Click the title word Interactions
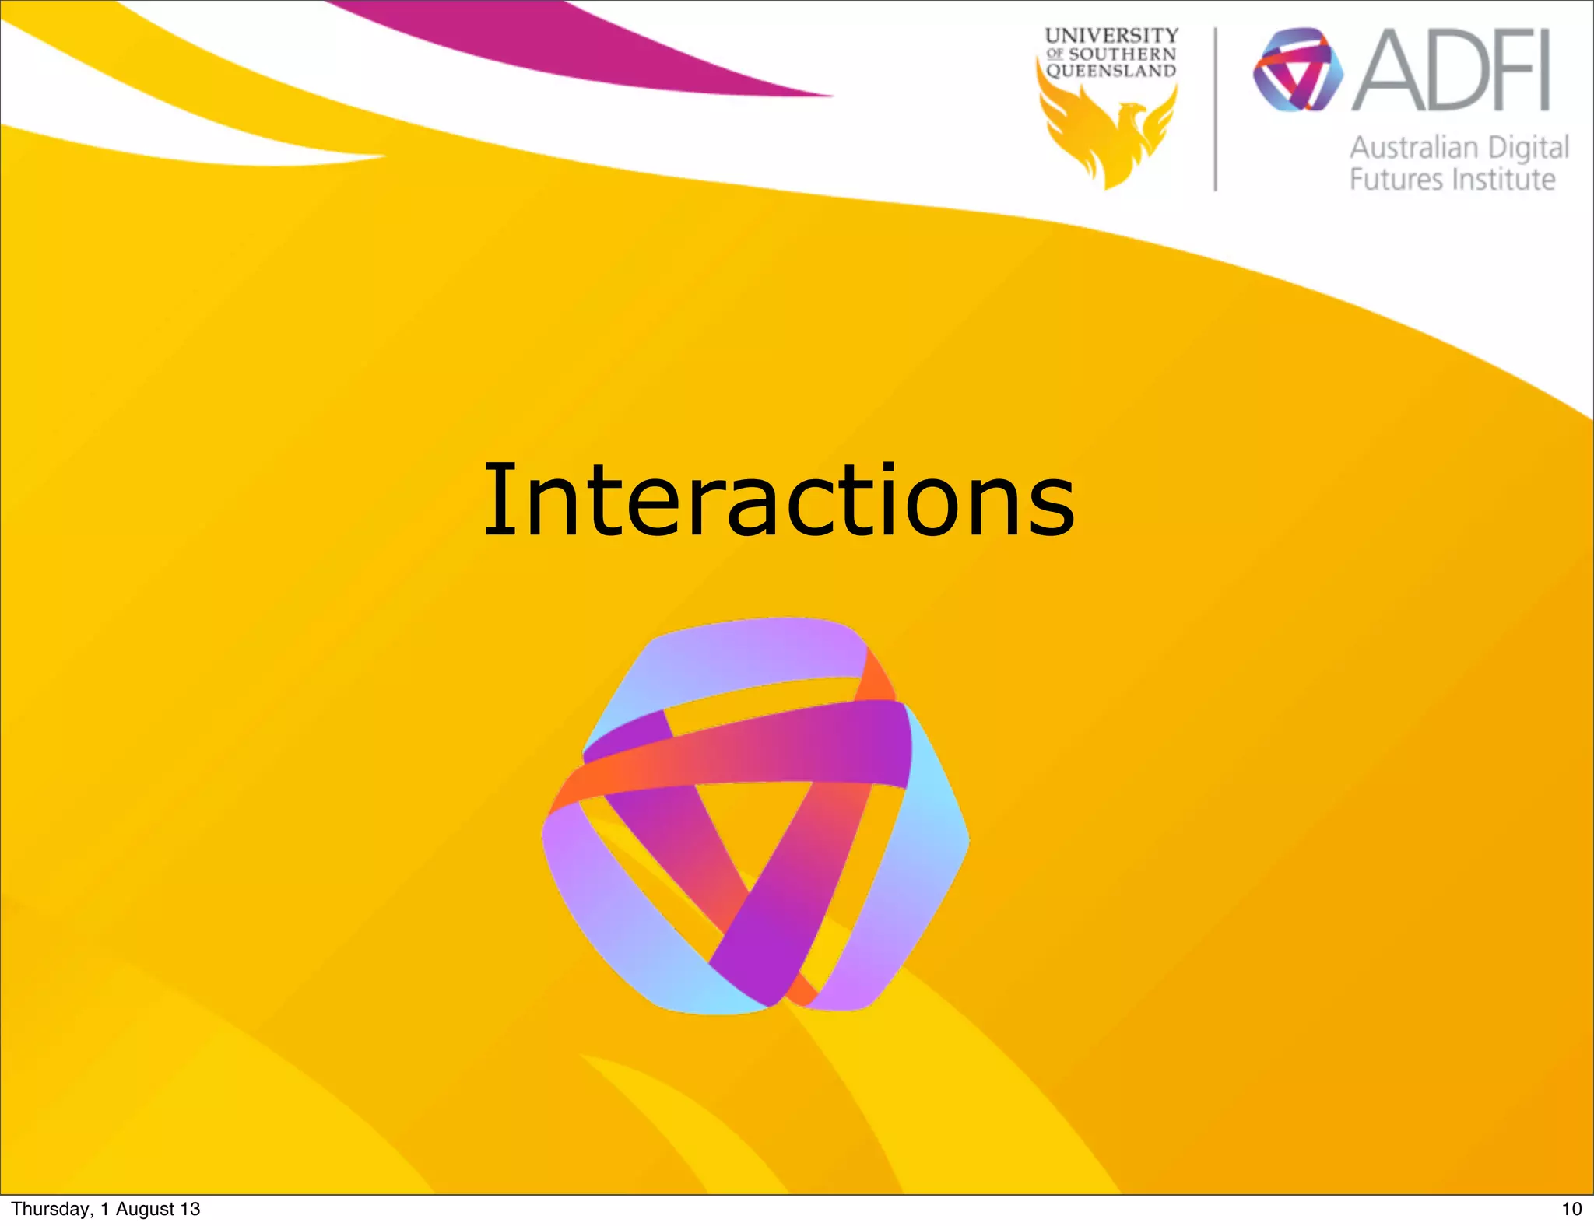click(x=778, y=499)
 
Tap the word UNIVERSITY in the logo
click(x=1111, y=36)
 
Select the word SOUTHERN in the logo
click(x=1122, y=54)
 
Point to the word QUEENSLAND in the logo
click(x=1111, y=72)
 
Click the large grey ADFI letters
click(x=1452, y=72)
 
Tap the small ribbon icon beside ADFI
click(x=1297, y=70)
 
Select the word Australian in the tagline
click(x=1413, y=148)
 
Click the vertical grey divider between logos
click(x=1215, y=109)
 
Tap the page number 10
click(x=1571, y=1209)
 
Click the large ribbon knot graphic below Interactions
click(x=756, y=817)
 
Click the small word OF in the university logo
click(x=1055, y=54)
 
